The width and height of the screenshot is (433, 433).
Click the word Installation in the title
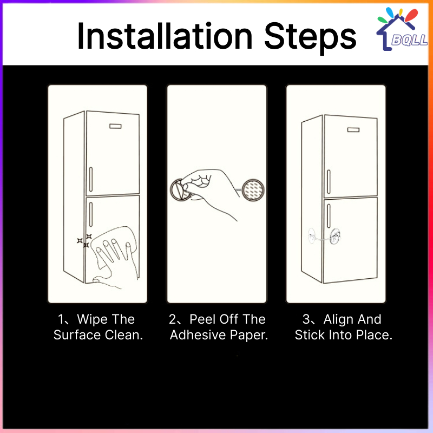[165, 36]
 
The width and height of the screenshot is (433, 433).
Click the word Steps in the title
[310, 38]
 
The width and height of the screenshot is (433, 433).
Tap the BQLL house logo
[402, 29]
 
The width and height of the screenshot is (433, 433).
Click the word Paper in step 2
[249, 336]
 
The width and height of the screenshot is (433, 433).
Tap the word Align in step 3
[339, 320]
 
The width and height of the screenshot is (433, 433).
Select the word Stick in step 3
[309, 335]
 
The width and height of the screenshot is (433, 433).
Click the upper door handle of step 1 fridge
[91, 179]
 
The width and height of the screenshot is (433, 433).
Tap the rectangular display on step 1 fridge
[115, 126]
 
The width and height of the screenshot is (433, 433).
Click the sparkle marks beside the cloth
[84, 240]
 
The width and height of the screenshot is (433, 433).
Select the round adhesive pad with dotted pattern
[253, 190]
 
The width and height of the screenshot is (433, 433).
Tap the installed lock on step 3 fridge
[324, 237]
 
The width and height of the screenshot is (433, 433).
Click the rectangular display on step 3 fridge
[353, 129]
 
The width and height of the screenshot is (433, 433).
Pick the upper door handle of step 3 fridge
[329, 182]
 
